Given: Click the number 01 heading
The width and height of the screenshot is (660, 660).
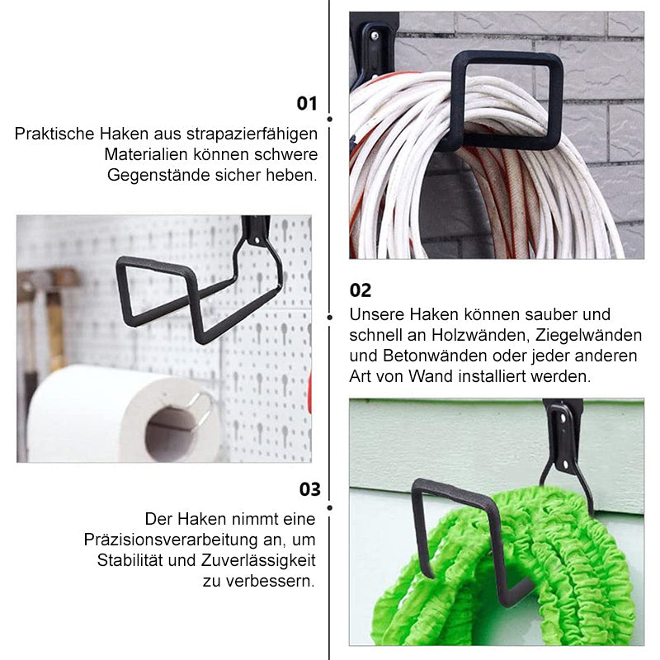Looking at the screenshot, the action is coord(306,104).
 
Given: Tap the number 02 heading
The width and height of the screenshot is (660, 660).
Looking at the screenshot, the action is coord(361,290).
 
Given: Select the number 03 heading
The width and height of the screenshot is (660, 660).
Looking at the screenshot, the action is coord(310,489).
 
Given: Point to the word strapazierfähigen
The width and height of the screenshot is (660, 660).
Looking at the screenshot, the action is coord(252,134).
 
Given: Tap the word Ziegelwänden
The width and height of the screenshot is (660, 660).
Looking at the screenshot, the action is coord(588,335).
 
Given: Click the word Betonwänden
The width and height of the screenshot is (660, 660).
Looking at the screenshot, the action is coord(435,356).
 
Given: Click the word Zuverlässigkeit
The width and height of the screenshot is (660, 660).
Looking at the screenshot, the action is coord(258,560).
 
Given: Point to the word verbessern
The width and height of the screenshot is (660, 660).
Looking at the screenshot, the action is coord(271,581).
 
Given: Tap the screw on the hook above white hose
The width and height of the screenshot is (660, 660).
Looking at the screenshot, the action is coord(374,35).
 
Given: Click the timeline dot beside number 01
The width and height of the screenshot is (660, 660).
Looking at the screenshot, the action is coord(329,120).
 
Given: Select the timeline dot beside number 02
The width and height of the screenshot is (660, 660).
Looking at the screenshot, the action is coord(329,318).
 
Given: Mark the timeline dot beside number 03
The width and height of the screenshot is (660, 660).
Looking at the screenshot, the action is coord(329,508).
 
